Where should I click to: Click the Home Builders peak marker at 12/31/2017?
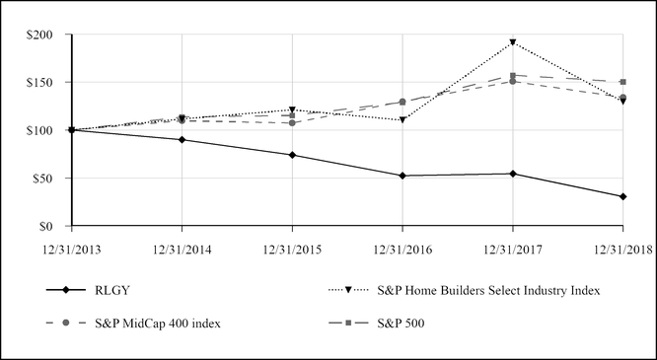[x=513, y=42]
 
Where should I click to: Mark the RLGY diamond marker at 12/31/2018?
[x=623, y=196]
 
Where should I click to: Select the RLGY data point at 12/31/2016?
[x=402, y=176]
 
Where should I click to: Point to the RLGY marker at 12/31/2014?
[x=182, y=140]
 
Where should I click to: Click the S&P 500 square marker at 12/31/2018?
[x=623, y=82]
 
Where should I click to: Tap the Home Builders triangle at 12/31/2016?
[x=402, y=120]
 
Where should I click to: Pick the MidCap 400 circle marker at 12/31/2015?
[x=292, y=123]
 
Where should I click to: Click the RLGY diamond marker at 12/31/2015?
[x=292, y=155]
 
